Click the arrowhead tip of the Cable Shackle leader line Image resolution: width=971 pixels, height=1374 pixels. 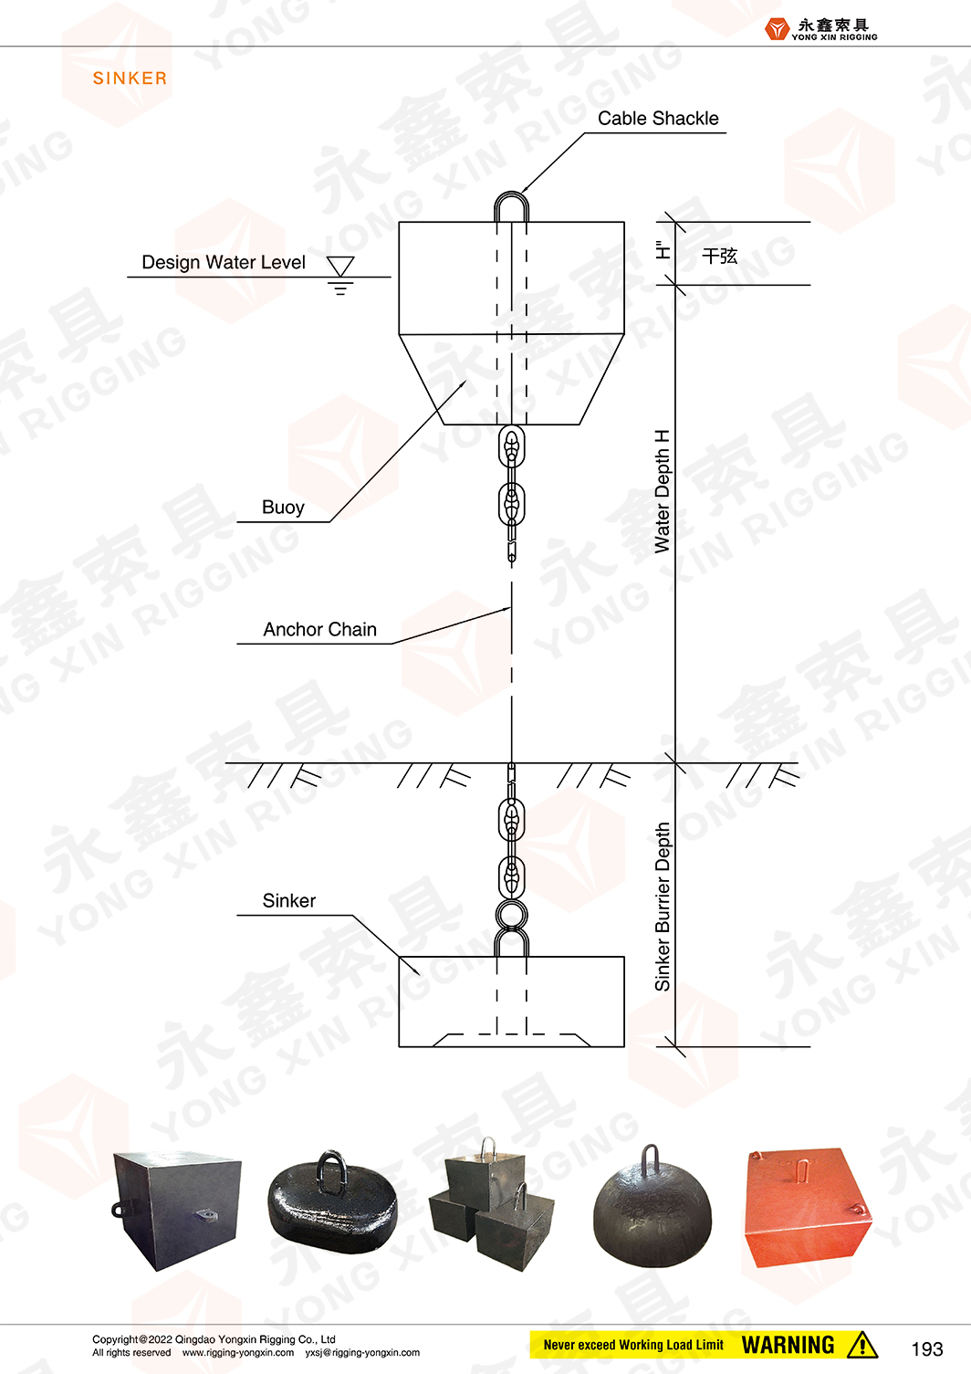click(521, 193)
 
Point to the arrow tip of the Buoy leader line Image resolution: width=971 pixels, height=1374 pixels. click(466, 381)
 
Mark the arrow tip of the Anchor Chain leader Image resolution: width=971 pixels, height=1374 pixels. click(511, 608)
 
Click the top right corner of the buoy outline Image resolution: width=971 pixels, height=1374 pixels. click(624, 222)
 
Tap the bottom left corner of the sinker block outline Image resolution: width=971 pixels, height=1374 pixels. click(399, 1046)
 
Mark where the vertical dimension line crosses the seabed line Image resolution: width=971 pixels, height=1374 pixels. click(675, 763)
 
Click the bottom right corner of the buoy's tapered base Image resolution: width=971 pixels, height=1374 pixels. click(579, 424)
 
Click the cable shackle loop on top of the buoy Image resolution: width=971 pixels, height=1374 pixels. click(511, 206)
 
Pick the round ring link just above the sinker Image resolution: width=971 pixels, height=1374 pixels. click(511, 915)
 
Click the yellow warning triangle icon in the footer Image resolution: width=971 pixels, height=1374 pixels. click(861, 1345)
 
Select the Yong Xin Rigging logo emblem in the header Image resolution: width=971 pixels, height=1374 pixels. click(777, 29)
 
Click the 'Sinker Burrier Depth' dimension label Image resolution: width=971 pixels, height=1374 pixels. click(662, 907)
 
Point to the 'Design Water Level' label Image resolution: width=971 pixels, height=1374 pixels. click(224, 263)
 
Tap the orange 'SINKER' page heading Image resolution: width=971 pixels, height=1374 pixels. click(130, 79)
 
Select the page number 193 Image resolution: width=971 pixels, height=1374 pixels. click(927, 1348)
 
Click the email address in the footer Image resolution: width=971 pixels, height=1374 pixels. click(362, 1352)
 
